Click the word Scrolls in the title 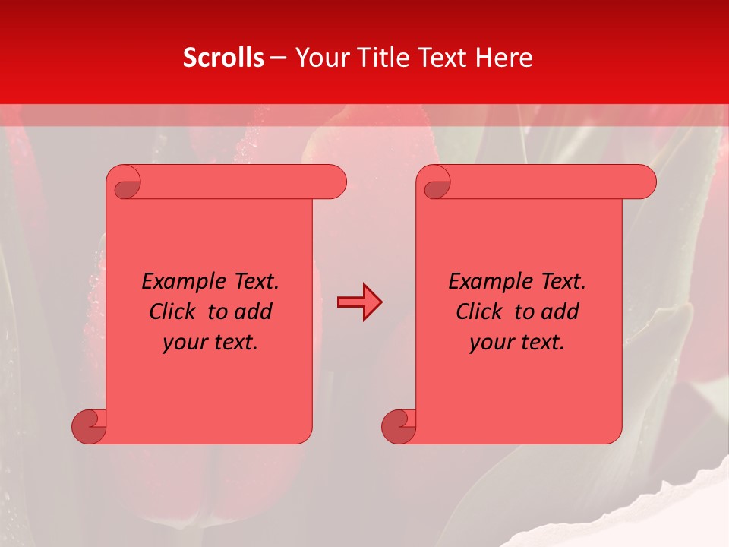(x=223, y=58)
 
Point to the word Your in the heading (x=319, y=58)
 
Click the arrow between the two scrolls (x=359, y=302)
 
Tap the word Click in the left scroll (x=172, y=311)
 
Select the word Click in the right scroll (x=479, y=311)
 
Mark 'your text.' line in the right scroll (x=517, y=342)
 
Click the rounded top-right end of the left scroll (x=334, y=182)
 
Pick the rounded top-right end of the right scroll (x=644, y=182)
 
